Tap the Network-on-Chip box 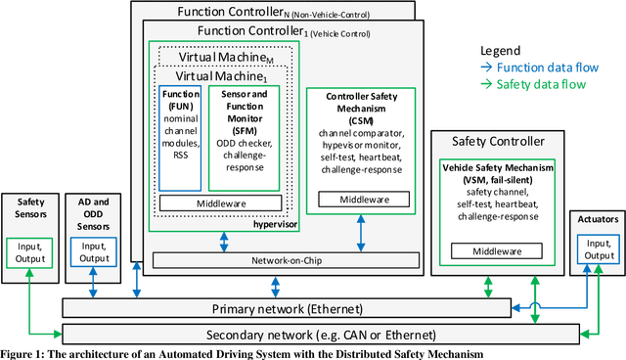[x=285, y=259]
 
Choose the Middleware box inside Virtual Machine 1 [x=220, y=202]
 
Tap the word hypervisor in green [x=273, y=224]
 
